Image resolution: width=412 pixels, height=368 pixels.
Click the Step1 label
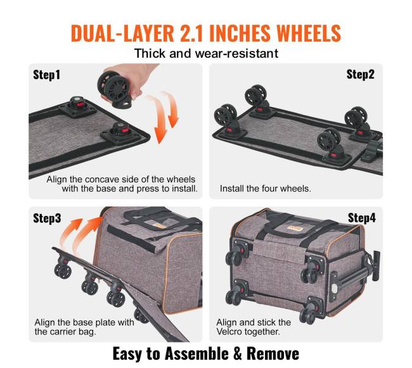(46, 75)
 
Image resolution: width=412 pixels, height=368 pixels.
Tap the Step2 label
(360, 74)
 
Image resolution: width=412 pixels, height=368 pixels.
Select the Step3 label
(47, 218)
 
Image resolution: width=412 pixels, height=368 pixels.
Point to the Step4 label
(362, 218)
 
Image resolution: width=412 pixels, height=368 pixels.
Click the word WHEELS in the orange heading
(309, 34)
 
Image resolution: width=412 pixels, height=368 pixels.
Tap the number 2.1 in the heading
(194, 34)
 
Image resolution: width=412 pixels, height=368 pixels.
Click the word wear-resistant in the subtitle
(236, 54)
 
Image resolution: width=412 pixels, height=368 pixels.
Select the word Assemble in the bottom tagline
(196, 354)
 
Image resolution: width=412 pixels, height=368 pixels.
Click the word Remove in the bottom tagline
(273, 354)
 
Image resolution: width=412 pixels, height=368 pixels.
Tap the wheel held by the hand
(115, 89)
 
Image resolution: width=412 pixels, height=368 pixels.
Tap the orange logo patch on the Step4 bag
(295, 228)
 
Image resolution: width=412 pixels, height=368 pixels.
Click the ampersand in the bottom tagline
(238, 354)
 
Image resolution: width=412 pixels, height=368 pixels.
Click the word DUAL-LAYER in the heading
(122, 34)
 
